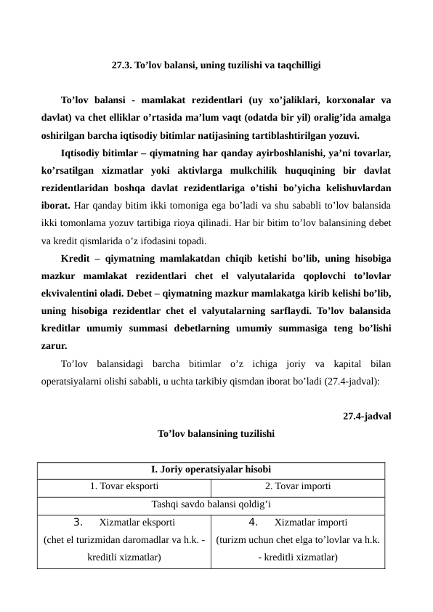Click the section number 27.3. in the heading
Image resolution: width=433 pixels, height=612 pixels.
click(x=122, y=65)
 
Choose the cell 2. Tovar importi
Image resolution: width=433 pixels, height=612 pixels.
click(x=298, y=486)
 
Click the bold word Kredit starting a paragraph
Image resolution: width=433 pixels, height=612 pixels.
click(x=76, y=258)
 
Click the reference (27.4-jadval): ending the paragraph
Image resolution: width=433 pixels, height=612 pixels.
click(x=353, y=380)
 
